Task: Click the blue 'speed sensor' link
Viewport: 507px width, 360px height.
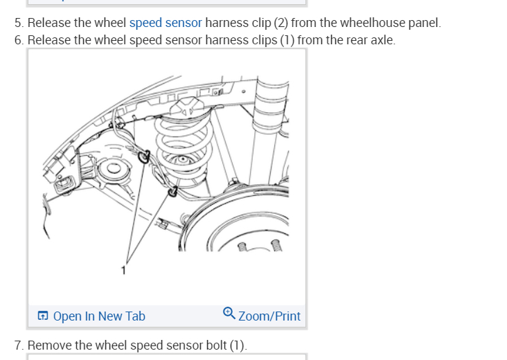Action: pos(166,23)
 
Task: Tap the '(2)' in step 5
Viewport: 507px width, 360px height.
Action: pos(279,23)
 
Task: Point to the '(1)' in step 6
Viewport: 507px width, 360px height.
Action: pos(287,40)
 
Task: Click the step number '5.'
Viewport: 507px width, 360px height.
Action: pos(19,23)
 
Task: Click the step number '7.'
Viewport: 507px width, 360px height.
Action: pos(19,345)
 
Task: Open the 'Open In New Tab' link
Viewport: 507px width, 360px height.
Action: pos(98,316)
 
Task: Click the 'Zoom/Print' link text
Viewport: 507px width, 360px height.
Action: pos(269,316)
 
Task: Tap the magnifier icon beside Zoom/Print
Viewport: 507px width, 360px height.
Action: pos(229,313)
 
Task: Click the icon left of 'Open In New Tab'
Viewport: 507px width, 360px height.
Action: pos(43,316)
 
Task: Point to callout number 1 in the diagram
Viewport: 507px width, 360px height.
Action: pos(124,269)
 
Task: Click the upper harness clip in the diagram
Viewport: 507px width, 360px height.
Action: pos(144,157)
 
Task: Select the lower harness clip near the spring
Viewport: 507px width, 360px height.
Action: pos(172,190)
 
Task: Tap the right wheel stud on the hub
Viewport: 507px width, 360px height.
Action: pos(275,244)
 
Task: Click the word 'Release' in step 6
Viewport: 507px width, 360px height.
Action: pos(48,40)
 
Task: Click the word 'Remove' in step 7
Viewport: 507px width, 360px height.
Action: pos(48,345)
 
